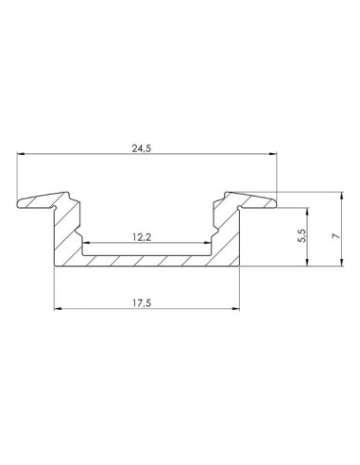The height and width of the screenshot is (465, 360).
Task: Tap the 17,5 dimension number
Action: [x=145, y=301]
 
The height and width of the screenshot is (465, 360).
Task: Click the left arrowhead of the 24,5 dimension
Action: [x=22, y=156]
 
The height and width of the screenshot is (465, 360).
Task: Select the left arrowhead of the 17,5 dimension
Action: [x=58, y=310]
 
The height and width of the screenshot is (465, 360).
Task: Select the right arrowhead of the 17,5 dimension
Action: [x=235, y=310]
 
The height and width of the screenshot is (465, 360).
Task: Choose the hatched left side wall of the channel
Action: [x=69, y=236]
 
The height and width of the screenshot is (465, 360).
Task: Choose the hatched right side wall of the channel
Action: [x=225, y=236]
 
